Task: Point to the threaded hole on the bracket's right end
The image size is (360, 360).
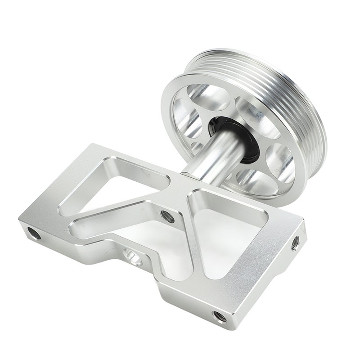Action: pyautogui.click(x=295, y=243)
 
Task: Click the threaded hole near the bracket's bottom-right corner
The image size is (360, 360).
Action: pyautogui.click(x=220, y=316)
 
